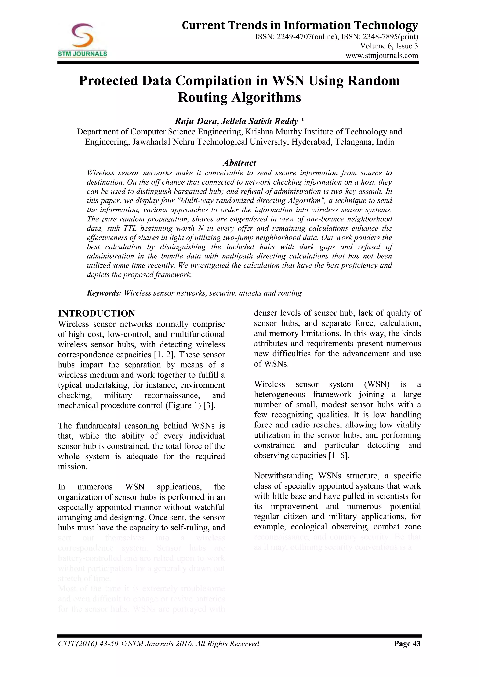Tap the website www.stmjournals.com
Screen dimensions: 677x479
click(382, 55)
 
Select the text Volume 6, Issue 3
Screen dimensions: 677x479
click(389, 46)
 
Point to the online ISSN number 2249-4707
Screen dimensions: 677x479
click(293, 37)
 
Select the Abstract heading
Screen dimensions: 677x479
click(239, 163)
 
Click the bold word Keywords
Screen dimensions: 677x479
click(104, 293)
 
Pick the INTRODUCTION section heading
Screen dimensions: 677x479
click(96, 313)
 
